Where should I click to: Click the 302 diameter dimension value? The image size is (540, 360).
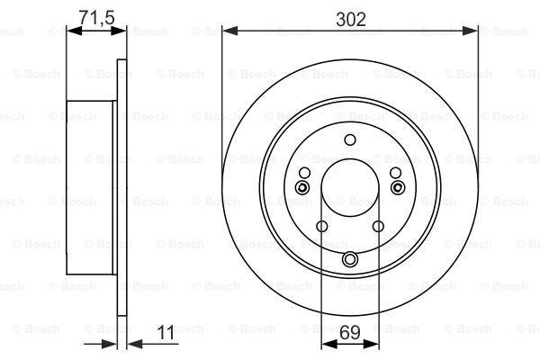coord(351,20)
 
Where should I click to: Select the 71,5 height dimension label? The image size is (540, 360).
coord(96,17)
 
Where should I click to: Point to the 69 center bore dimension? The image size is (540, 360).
coord(350,332)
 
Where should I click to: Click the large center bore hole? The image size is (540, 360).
coord(350,188)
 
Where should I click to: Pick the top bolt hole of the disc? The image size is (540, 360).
coord(350,139)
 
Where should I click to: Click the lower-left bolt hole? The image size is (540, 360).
coord(321,226)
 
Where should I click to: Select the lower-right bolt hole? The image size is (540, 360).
coord(378,226)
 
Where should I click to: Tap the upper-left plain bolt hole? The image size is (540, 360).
coord(304,173)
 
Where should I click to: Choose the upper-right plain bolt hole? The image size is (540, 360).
coord(395,173)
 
